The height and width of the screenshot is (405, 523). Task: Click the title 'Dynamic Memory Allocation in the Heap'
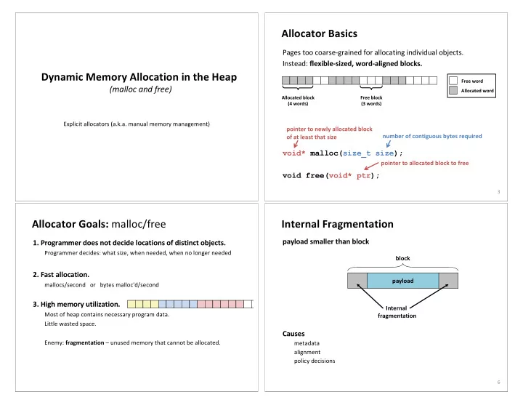tap(139, 77)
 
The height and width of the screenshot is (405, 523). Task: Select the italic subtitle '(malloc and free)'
tap(140, 89)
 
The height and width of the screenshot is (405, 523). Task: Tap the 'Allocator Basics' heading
tap(319, 33)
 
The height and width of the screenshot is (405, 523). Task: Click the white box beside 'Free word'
tap(453, 81)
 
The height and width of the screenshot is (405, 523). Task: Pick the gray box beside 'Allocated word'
tap(453, 90)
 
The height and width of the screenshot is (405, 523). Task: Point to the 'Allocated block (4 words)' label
tap(298, 100)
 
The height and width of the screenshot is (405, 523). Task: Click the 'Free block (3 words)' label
tap(371, 100)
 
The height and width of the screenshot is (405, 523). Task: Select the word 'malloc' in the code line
tap(324, 153)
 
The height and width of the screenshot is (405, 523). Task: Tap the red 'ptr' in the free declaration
tap(363, 176)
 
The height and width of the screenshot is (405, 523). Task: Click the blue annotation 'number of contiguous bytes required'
tap(432, 136)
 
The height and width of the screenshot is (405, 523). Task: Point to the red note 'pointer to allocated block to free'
tap(425, 163)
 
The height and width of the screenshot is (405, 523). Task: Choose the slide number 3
tap(498, 192)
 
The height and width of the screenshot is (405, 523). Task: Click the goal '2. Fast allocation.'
tap(61, 274)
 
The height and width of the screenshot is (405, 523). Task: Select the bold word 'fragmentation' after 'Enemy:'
tap(85, 342)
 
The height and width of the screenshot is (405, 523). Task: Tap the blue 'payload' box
tap(403, 281)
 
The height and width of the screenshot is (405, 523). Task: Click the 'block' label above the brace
tap(402, 258)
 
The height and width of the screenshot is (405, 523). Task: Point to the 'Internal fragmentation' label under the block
tap(397, 312)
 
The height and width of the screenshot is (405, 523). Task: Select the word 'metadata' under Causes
tap(307, 343)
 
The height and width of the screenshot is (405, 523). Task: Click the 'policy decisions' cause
tap(315, 361)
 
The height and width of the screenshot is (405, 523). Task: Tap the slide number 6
tap(498, 382)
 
